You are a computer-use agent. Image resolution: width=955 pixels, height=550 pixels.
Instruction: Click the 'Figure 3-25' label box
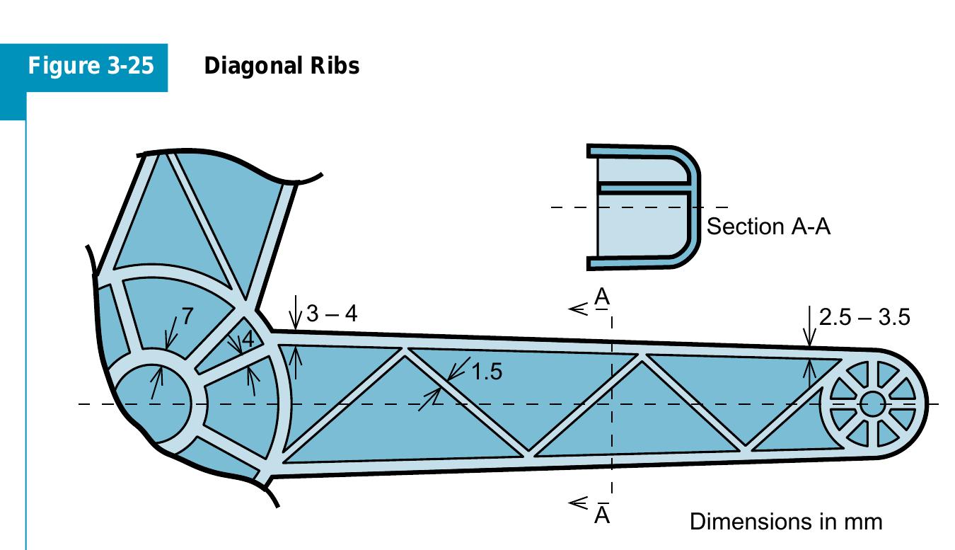tap(91, 67)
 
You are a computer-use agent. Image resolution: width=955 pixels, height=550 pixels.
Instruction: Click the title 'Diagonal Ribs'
tap(281, 66)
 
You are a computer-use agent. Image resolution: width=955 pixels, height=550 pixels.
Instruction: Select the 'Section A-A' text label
tap(768, 227)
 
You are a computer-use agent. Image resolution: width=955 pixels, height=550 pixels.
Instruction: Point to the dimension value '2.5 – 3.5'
tap(864, 317)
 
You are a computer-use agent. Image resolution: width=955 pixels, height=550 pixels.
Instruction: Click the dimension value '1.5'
tap(487, 371)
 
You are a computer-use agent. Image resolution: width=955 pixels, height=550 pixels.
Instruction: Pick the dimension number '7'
tap(187, 317)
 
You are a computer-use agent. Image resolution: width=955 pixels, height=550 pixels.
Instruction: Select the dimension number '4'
tap(247, 340)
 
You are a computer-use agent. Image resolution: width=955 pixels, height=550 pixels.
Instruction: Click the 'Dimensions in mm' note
tap(785, 522)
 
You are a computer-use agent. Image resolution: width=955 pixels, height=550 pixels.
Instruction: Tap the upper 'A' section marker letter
tap(601, 296)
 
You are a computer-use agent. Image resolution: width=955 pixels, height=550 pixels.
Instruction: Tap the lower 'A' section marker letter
tap(601, 515)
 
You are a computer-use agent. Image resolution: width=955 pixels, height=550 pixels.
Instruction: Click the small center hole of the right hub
tap(872, 404)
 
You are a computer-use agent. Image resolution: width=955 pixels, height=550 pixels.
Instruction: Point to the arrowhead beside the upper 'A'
tap(578, 309)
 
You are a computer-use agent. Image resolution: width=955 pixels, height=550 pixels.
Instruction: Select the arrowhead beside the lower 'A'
tap(578, 503)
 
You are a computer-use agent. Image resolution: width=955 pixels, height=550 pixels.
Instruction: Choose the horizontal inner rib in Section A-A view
tap(642, 189)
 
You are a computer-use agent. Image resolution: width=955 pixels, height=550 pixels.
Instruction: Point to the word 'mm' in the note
tap(864, 522)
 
